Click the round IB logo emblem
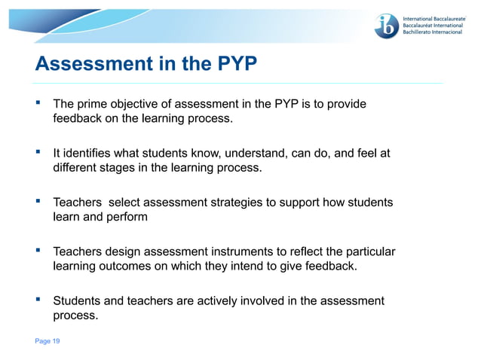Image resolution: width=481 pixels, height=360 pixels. tap(387, 26)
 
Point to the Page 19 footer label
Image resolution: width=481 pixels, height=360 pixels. tap(47, 341)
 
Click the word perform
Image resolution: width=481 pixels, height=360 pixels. tap(127, 217)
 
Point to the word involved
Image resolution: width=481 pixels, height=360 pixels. tap(263, 301)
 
